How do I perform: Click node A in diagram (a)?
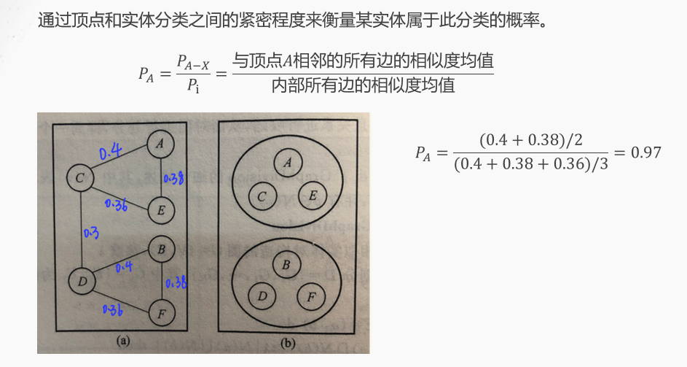pyautogui.click(x=160, y=144)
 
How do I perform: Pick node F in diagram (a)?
pyautogui.click(x=161, y=315)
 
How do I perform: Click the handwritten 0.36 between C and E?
pyautogui.click(x=117, y=205)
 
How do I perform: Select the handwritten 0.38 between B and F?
pyautogui.click(x=176, y=282)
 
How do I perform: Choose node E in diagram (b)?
pyautogui.click(x=313, y=195)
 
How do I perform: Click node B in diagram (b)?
pyautogui.click(x=286, y=265)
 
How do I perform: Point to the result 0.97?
pyautogui.click(x=646, y=152)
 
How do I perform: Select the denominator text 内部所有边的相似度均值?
pyautogui.click(x=363, y=86)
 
